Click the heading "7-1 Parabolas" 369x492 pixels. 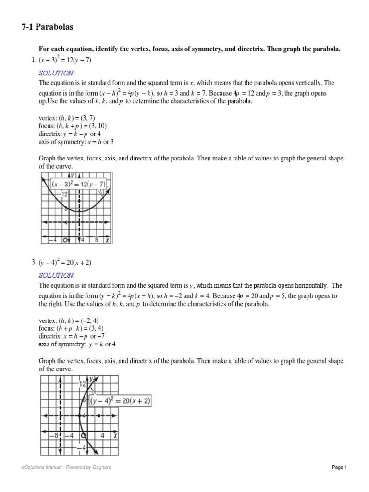[47, 27]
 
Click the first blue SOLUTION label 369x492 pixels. [56, 73]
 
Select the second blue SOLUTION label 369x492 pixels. [56, 275]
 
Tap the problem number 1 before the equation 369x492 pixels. [33, 60]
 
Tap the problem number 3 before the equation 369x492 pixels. [34, 262]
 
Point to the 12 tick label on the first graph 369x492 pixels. [65, 193]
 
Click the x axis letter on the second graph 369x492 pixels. [116, 435]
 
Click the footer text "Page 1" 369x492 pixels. [339, 467]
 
